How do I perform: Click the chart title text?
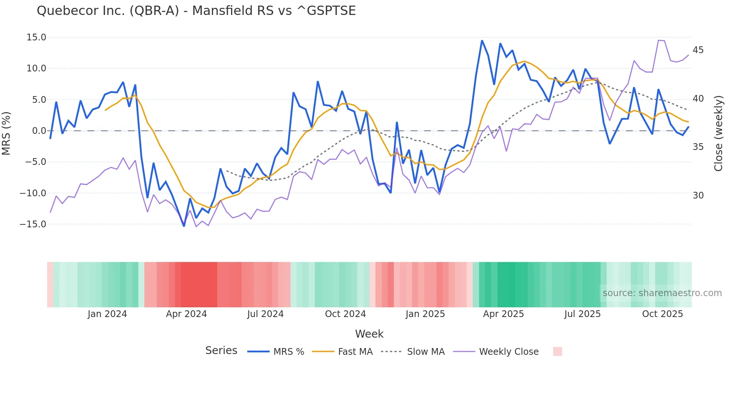click(196, 11)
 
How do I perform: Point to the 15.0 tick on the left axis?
click(36, 37)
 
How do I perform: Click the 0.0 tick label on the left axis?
click(39, 131)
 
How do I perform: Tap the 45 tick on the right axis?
click(698, 50)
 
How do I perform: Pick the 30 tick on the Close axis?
click(698, 196)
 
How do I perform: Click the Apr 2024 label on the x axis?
click(186, 314)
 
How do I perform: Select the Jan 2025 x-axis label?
click(425, 314)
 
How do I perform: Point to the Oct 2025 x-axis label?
click(662, 314)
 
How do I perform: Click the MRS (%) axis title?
click(6, 133)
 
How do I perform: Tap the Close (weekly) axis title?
click(718, 133)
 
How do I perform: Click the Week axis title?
click(369, 334)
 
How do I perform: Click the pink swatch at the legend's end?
click(557, 351)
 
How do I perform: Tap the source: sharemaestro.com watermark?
click(662, 293)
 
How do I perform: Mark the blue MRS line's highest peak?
click(482, 41)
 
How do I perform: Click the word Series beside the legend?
click(221, 351)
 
